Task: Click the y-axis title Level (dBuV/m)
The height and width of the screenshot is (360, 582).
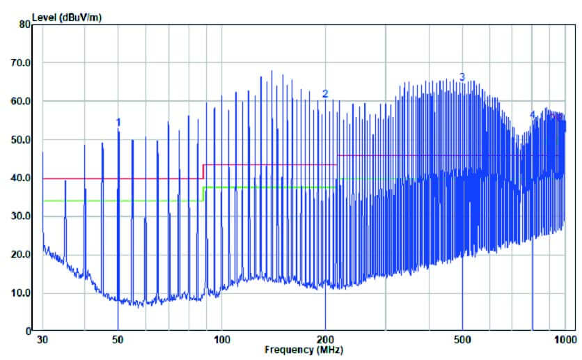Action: tap(66, 17)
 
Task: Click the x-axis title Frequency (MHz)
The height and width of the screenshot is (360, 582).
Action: tap(304, 350)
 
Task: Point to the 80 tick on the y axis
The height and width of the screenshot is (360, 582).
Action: tap(25, 24)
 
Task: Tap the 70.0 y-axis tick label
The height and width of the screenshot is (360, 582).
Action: tap(22, 63)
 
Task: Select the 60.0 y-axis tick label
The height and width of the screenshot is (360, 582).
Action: tap(22, 101)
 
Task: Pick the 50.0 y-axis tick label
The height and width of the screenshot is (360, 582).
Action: tap(22, 139)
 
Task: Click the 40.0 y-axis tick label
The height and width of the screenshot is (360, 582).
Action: tap(22, 178)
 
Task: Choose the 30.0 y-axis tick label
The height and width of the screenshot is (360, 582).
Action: tap(22, 216)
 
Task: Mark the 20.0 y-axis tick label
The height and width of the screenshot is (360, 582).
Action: tap(22, 254)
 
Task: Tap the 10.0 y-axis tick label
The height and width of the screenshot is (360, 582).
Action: tap(22, 292)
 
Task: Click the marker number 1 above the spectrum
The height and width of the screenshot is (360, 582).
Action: tap(118, 122)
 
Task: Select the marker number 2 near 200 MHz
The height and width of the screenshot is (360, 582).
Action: tap(324, 93)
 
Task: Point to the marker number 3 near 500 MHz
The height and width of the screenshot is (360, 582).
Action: tap(462, 77)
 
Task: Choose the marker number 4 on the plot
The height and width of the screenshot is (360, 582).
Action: tap(533, 114)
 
